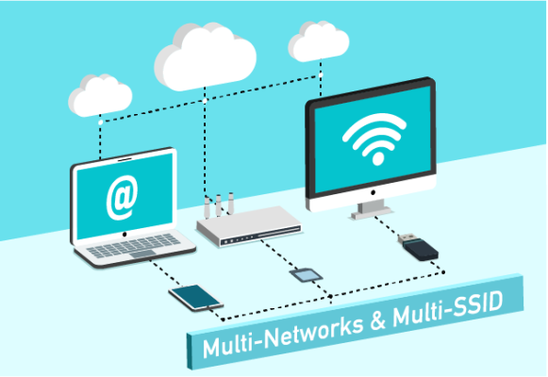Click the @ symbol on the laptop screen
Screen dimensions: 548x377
click(122, 198)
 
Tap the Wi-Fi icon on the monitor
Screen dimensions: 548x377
click(374, 139)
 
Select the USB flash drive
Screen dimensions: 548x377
click(418, 247)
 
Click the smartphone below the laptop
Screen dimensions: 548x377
click(196, 298)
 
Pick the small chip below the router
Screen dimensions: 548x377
click(307, 275)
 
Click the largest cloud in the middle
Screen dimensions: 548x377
click(206, 57)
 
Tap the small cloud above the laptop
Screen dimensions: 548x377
click(100, 95)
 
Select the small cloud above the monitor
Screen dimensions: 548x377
click(319, 41)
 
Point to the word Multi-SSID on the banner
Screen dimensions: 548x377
click(448, 309)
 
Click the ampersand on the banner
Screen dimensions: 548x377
click(378, 320)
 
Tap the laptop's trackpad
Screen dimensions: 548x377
click(142, 254)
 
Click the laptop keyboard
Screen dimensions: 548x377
click(134, 244)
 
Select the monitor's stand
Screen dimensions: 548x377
click(372, 210)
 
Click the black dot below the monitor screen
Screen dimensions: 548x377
click(373, 192)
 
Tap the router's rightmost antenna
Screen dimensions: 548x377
click(231, 203)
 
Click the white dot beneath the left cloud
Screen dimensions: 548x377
click(101, 123)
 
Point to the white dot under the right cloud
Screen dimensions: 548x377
click(321, 74)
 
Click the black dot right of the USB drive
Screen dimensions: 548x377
click(443, 272)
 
